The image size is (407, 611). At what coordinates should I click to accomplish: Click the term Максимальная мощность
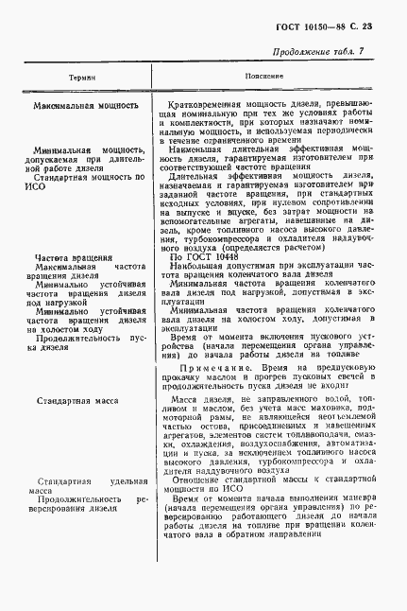[x=86, y=106]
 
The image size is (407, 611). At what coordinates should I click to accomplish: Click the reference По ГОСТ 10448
[x=205, y=256]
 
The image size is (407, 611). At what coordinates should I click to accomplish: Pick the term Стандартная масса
[x=80, y=402]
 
